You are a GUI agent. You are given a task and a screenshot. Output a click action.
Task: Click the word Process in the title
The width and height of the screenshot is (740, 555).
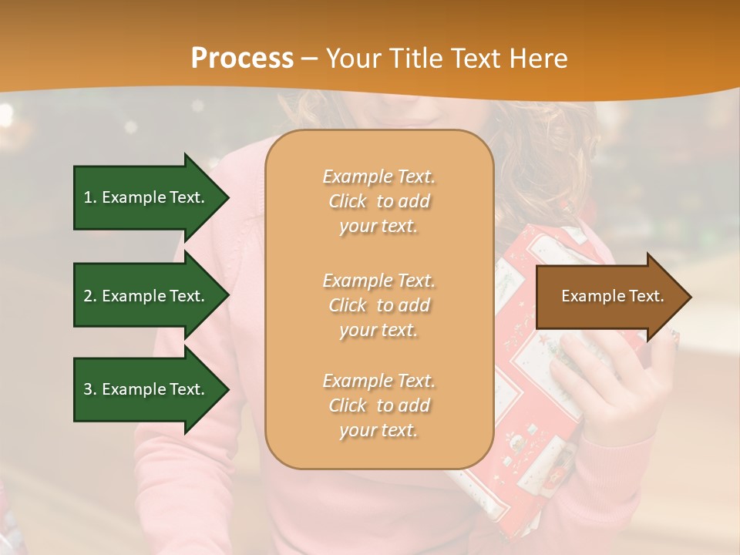coord(242,59)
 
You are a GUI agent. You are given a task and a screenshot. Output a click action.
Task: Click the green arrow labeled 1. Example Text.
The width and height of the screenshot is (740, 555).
coord(146,197)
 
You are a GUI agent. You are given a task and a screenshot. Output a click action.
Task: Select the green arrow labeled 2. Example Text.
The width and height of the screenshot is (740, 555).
coord(146,296)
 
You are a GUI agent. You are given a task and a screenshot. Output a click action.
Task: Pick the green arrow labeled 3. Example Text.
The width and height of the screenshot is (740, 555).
coord(146,389)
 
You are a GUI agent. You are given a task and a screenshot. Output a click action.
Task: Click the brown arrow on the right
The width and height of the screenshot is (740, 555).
coord(609,297)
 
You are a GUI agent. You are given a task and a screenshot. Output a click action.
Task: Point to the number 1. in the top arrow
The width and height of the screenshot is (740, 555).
coord(90,197)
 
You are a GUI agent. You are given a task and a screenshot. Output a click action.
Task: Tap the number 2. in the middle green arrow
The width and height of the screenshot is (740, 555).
coord(90,296)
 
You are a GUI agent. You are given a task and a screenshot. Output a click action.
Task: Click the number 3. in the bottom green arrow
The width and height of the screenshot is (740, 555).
coord(90,389)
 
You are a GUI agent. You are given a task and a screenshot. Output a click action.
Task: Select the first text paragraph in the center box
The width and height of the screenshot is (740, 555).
coord(378,201)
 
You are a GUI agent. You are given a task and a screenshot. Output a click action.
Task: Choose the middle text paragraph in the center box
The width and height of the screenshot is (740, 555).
coord(378,305)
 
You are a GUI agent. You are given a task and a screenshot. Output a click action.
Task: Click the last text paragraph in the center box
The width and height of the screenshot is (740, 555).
coord(378,405)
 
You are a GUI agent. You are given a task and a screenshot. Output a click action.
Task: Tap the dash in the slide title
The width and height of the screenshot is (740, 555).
coord(310,59)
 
